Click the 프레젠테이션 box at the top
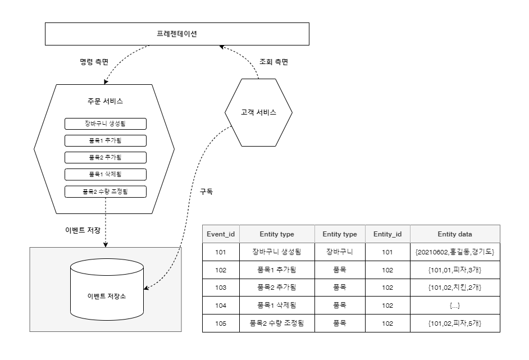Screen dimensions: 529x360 coord(177,34)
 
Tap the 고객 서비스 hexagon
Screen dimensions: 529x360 coord(258,112)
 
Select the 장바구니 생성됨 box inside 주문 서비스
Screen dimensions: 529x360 coord(106,124)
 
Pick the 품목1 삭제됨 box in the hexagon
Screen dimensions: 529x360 coord(106,175)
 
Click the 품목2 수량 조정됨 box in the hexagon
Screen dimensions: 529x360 coord(106,192)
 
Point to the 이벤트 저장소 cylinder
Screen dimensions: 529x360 coord(107,289)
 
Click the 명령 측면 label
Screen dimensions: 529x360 coord(94,62)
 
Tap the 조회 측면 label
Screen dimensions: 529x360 coord(273,62)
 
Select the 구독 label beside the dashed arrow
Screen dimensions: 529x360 coord(207,192)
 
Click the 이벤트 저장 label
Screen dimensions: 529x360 coord(83,230)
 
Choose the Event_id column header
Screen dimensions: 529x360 coord(221,234)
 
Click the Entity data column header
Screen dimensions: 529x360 coord(455,234)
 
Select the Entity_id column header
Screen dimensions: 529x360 coord(387,234)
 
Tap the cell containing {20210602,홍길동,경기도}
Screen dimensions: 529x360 coord(455,252)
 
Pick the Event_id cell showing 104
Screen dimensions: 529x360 coord(221,306)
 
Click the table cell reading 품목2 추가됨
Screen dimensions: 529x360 coord(277,288)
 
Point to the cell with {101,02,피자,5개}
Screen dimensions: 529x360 coord(455,323)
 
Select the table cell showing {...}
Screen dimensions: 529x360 coord(455,306)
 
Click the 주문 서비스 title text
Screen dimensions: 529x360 coord(105,101)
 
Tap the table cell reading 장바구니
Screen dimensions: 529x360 coord(340,252)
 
